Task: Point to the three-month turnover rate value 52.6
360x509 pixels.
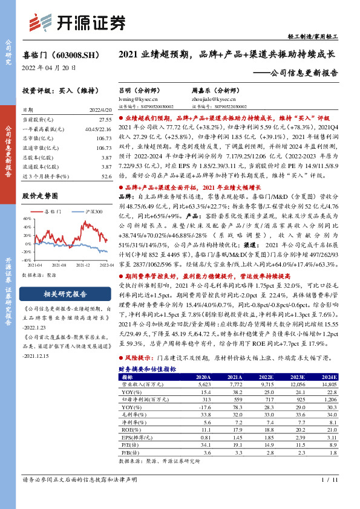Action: pos(106,176)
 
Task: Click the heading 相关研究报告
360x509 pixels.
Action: pos(66,294)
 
